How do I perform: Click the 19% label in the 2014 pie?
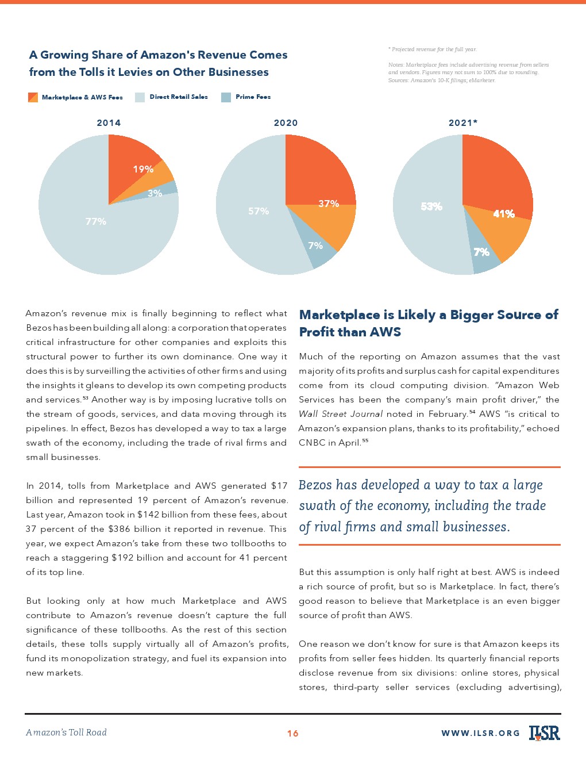[x=143, y=169]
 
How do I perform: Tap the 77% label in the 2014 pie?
[x=96, y=221]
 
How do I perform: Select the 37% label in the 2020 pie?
[x=329, y=204]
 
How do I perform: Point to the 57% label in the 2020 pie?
[x=259, y=211]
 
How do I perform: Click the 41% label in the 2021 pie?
[x=504, y=214]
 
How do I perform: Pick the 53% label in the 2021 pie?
[x=431, y=206]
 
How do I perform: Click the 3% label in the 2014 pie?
[x=155, y=194]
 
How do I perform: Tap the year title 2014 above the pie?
[x=109, y=123]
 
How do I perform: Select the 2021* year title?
[x=463, y=123]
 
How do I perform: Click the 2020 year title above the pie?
[x=286, y=123]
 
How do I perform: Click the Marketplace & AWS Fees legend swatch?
[x=33, y=97]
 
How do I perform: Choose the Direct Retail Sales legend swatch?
[x=140, y=97]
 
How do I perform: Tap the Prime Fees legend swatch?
[x=226, y=97]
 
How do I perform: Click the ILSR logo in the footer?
[x=544, y=732]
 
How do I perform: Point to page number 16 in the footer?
[x=292, y=733]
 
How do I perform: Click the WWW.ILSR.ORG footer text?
[x=480, y=733]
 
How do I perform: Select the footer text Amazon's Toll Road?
[x=66, y=733]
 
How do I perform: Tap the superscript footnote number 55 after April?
[x=365, y=441]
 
